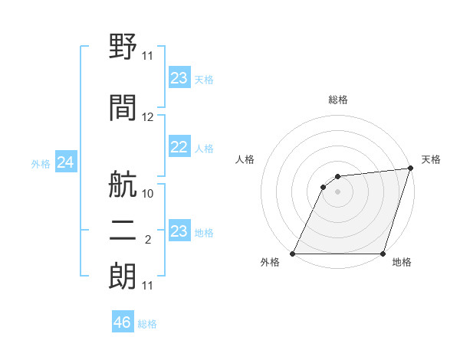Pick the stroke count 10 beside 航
(148, 194)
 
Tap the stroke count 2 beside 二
(148, 240)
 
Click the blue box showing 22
(179, 147)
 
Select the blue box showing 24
(66, 162)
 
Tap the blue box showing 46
(123, 322)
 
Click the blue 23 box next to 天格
(179, 78)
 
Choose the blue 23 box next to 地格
(179, 231)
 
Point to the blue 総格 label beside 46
(147, 324)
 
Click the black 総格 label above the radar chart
(337, 100)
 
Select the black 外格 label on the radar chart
(270, 263)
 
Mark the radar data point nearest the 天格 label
(411, 169)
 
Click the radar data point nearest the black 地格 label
(383, 254)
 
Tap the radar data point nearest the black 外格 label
(292, 254)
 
